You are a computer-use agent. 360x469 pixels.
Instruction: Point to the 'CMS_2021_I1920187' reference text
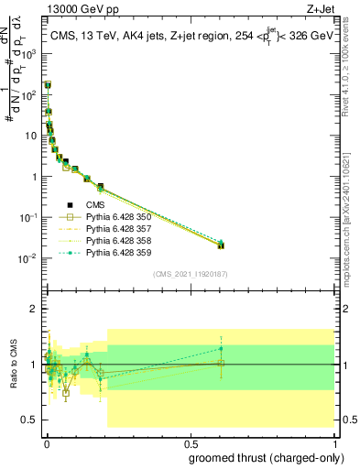(x=190, y=273)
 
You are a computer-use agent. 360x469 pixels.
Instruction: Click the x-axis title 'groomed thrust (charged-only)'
(x=261, y=457)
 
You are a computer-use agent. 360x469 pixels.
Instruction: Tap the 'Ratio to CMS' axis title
(x=13, y=365)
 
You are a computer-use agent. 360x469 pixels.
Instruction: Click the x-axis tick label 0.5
(x=190, y=443)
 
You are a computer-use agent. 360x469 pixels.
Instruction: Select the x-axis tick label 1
(x=333, y=443)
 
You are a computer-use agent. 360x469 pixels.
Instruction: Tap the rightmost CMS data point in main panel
(x=221, y=245)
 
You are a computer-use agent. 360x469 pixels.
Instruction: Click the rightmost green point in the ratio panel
(x=221, y=348)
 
